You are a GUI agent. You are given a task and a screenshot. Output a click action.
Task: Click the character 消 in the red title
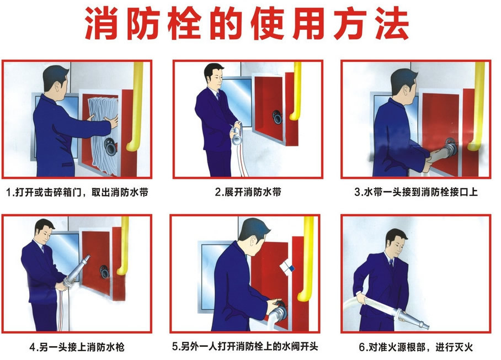pos(102,23)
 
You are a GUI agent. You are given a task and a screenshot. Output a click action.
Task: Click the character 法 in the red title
pos(392,23)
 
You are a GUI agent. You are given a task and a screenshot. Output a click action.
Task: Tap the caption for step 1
pos(77,192)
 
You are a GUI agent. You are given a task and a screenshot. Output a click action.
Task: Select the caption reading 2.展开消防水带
pos(248,192)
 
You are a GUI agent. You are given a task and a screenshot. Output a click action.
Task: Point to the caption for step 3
pos(416,192)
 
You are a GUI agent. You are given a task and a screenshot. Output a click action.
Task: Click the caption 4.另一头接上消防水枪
pos(77,347)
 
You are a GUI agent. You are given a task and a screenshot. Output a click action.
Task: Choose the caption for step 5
pos(245,346)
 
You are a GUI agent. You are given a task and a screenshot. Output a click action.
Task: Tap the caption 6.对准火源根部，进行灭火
pos(415,347)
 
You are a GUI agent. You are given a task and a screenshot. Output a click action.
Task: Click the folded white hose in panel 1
pos(102,134)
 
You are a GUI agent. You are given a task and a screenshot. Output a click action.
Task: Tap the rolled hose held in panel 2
pos(237,134)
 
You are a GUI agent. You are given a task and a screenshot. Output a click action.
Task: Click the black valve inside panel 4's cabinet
pos(104,272)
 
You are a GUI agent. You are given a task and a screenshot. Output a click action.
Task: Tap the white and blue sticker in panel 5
pos(286,267)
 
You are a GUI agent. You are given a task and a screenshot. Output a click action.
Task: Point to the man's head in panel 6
pos(397,242)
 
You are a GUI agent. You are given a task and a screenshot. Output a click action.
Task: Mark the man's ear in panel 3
pos(406,91)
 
